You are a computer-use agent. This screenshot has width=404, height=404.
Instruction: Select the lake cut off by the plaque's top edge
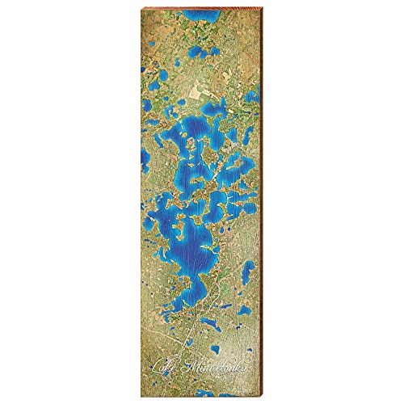(199, 11)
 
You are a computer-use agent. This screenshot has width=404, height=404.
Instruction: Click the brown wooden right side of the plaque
(266, 202)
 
